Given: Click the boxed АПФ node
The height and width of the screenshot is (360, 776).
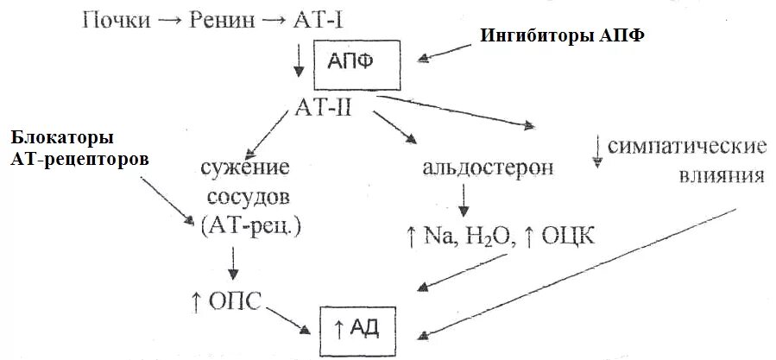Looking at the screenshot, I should point(356,64).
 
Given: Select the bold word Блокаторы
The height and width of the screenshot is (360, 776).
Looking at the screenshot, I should point(63,138).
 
